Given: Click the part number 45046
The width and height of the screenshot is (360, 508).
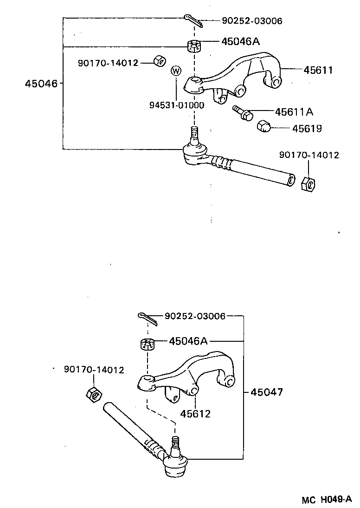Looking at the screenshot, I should coord(41,84).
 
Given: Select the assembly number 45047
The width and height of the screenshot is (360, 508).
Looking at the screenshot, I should coord(266,392).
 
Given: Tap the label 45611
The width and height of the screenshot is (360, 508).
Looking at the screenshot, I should coord(318,70).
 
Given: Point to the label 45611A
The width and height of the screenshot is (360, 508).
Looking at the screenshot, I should coord(294,112).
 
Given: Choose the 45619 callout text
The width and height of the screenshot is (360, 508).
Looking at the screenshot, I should coord(307,128).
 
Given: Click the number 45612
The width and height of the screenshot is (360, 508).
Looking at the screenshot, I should coord(195,413).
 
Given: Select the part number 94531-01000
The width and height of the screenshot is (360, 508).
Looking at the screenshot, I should coord(176,105).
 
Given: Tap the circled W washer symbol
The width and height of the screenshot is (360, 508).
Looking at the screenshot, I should coord(176,71).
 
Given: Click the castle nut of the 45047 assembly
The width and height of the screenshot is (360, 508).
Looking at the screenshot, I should coord(147,344).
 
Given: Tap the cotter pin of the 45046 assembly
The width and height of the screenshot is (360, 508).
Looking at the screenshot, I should coord(193,20).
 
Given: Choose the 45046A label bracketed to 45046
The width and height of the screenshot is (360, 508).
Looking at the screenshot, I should coord(240,42).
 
